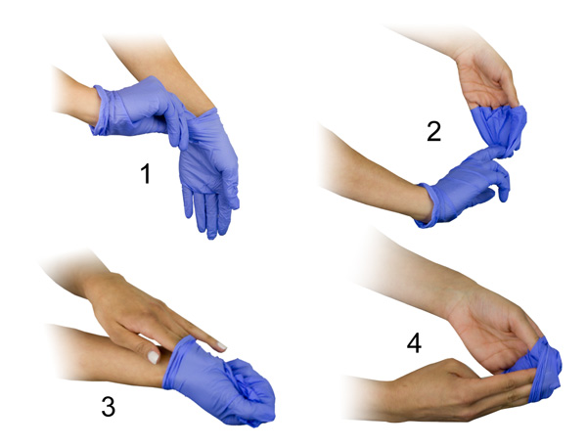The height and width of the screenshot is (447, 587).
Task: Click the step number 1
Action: pos(146,174)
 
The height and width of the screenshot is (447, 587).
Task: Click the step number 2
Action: pos(433,131)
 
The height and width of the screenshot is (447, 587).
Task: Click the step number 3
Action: pos(109,407)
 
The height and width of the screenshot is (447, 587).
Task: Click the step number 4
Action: pos(414,343)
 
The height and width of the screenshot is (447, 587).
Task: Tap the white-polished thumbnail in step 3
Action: pos(154,357)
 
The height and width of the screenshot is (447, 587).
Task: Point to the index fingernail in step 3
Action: pos(222,346)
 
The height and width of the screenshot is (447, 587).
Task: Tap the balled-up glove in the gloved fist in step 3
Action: pos(248,381)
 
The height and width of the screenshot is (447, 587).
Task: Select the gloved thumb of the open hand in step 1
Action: pos(231,184)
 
